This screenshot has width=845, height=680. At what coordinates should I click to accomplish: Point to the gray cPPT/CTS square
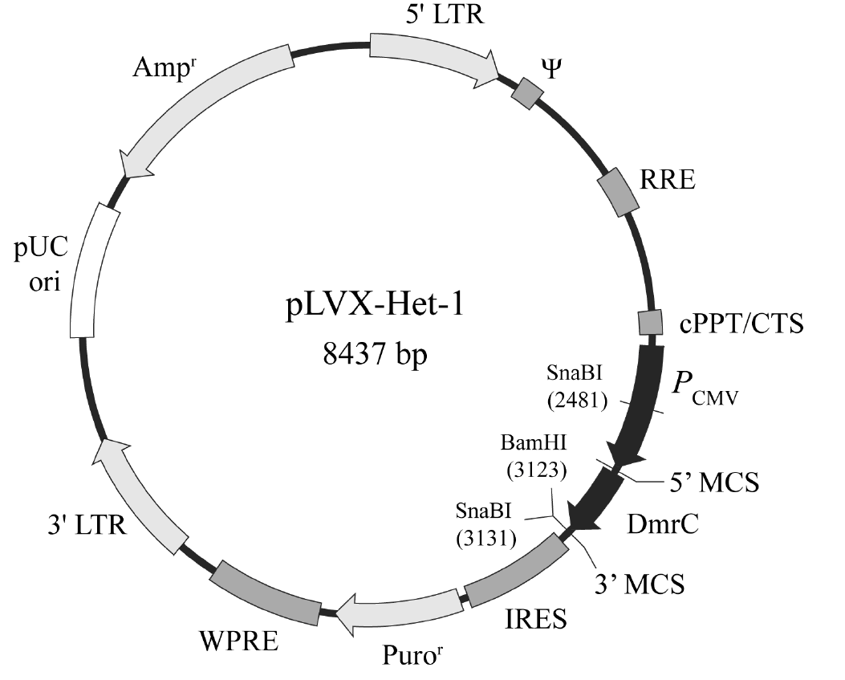(650, 323)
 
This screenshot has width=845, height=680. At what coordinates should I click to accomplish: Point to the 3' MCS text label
(639, 583)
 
